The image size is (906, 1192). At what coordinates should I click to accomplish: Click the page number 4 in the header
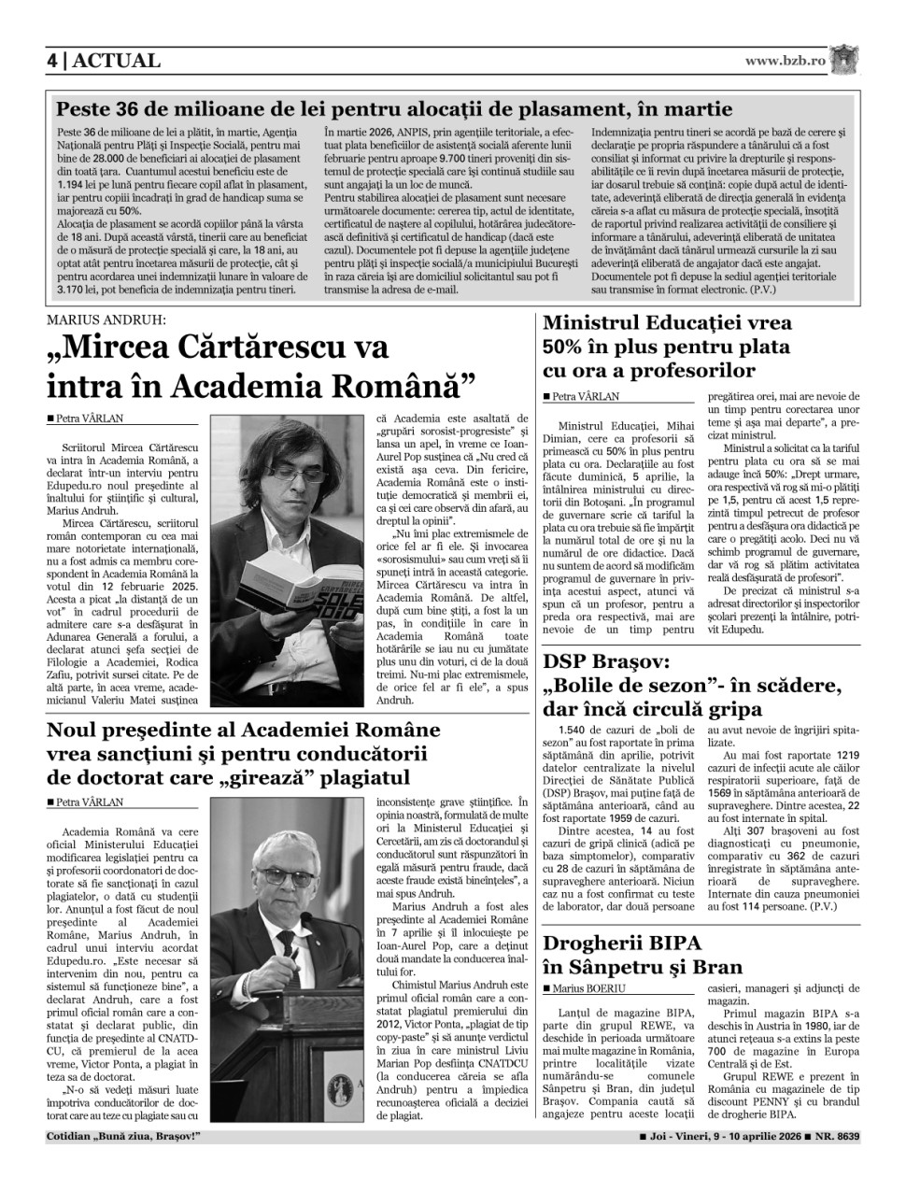[x=53, y=62]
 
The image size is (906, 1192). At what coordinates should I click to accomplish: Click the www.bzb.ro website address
[x=785, y=61]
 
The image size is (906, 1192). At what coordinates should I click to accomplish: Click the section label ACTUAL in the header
[x=116, y=62]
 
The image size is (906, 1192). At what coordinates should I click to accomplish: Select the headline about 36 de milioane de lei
[x=393, y=108]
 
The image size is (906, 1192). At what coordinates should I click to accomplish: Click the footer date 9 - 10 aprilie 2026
[x=733, y=1137]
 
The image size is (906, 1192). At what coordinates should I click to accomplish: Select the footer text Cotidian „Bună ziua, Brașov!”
[x=123, y=1137]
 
